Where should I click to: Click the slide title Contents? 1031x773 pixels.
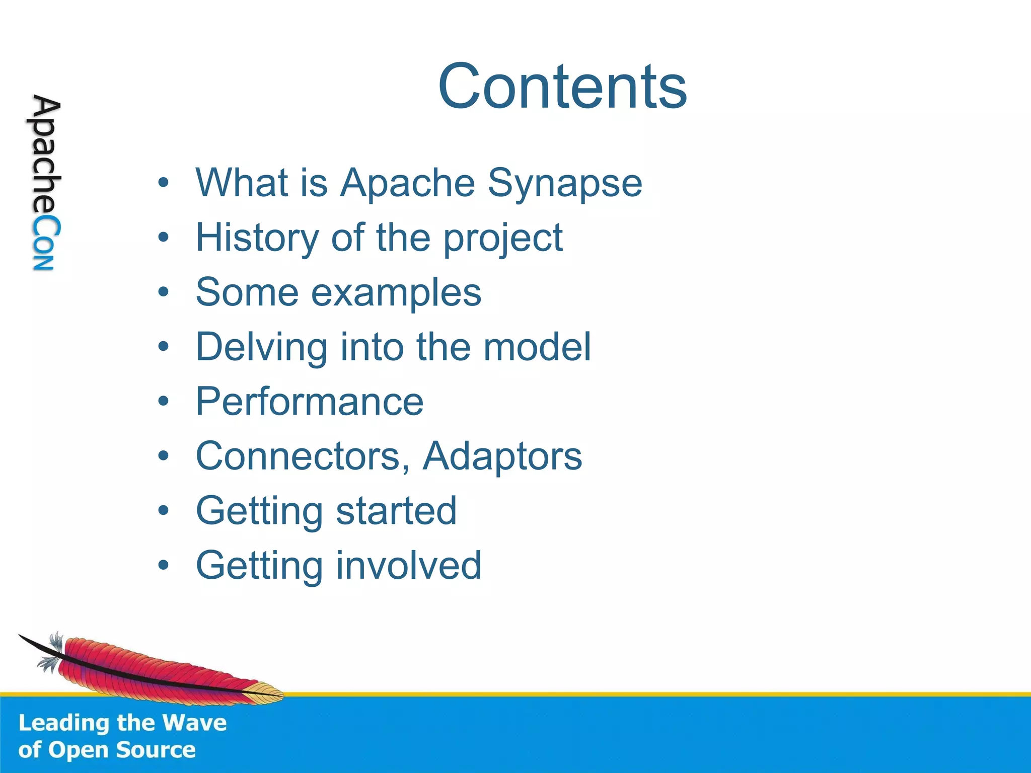point(562,87)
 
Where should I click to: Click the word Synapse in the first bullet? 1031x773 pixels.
point(564,183)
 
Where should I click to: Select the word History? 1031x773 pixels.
point(256,238)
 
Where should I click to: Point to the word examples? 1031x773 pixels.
point(396,293)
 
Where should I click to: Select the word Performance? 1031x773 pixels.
point(310,402)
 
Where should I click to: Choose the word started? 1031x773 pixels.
point(396,511)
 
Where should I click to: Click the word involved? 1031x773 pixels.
point(408,566)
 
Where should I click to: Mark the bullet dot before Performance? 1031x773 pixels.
point(163,402)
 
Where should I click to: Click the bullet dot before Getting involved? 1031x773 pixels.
point(163,566)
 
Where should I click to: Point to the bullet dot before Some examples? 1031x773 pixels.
point(163,292)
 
